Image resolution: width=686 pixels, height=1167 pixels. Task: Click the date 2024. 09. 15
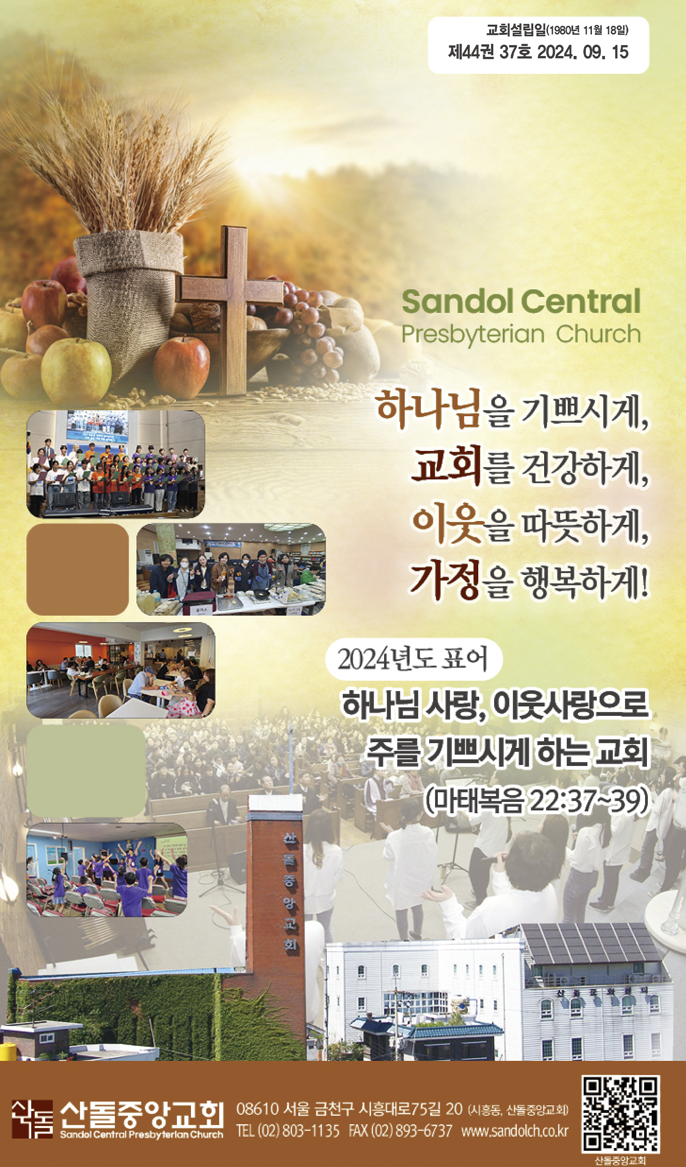[x=583, y=52]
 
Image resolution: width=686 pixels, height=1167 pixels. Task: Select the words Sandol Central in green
[x=521, y=301]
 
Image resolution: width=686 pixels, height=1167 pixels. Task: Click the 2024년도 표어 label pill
[x=414, y=659]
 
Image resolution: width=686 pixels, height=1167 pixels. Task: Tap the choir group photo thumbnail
[x=116, y=464]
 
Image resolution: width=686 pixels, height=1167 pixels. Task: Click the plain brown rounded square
[x=78, y=570]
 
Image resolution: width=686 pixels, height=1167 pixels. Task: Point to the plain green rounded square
[x=86, y=771]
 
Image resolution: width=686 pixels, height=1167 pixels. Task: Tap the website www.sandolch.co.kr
[x=515, y=1132]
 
